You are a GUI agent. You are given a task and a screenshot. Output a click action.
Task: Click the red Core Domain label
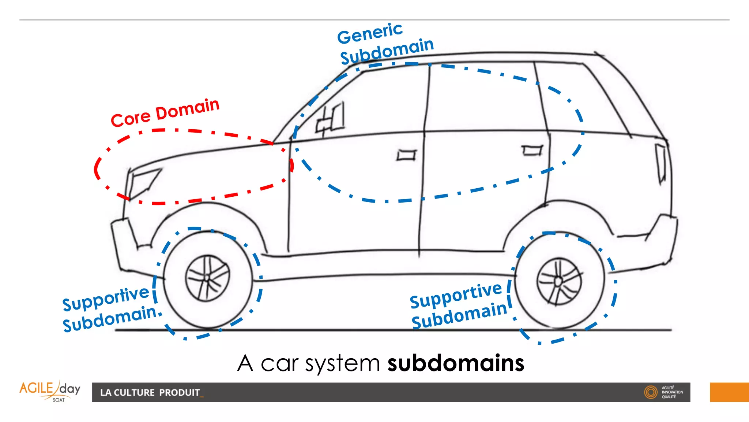(x=165, y=113)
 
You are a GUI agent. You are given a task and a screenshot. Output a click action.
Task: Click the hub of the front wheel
(x=207, y=278)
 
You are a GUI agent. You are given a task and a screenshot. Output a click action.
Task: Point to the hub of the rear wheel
(x=558, y=281)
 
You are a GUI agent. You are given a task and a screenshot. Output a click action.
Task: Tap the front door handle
(x=406, y=155)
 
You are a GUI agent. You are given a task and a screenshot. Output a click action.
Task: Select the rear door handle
(x=532, y=150)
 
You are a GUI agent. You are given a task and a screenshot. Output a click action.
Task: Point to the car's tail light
(x=661, y=163)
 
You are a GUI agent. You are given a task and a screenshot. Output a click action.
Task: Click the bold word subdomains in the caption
(x=456, y=363)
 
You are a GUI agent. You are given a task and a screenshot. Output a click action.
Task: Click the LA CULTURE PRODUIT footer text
(x=150, y=393)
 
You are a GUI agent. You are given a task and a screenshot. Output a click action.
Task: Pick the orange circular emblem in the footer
(x=651, y=392)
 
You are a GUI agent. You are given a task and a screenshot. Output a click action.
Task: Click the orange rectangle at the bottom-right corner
(x=729, y=392)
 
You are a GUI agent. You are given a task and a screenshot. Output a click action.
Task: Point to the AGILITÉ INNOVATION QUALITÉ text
(x=672, y=392)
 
